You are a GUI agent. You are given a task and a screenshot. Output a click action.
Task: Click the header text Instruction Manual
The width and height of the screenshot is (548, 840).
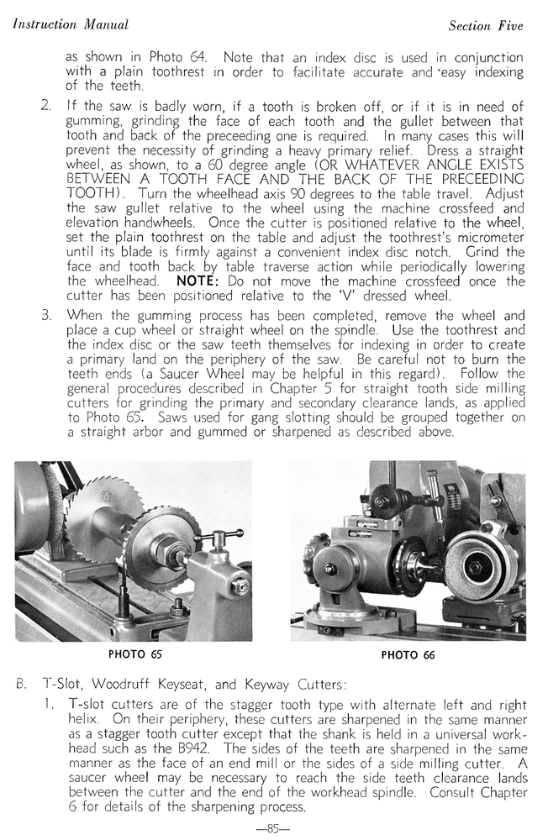point(71,24)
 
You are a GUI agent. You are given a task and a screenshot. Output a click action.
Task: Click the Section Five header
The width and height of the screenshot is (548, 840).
point(485,26)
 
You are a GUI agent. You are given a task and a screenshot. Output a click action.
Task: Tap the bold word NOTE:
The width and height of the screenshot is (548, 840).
point(198,282)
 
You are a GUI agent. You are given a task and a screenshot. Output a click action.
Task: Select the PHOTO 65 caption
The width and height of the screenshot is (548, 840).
point(135,654)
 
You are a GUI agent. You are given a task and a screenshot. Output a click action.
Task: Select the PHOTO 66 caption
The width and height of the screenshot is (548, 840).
point(408,655)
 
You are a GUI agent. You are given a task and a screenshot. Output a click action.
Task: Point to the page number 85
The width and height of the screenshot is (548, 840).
point(272,828)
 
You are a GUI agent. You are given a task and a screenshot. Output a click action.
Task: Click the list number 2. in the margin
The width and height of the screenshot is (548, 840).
point(46,106)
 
